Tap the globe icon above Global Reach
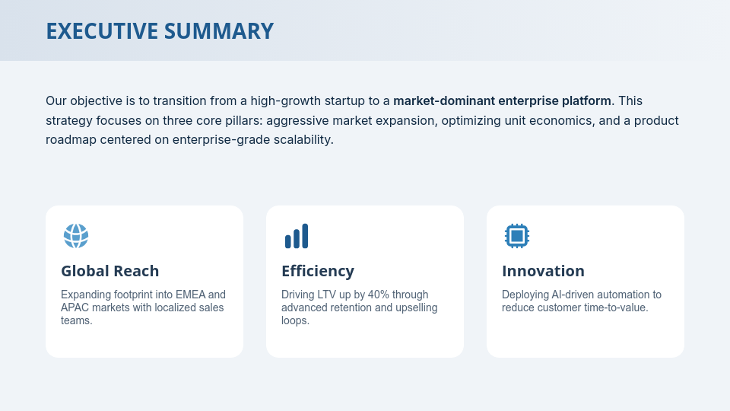point(76,236)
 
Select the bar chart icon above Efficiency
point(297,236)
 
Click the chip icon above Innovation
point(517,236)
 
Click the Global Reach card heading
point(110,271)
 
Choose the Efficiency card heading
point(318,271)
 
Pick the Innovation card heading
point(543,271)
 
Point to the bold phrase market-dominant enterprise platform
point(502,100)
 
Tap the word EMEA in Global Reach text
point(189,295)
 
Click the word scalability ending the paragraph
point(302,140)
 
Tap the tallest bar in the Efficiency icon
point(305,236)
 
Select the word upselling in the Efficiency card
point(414,307)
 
